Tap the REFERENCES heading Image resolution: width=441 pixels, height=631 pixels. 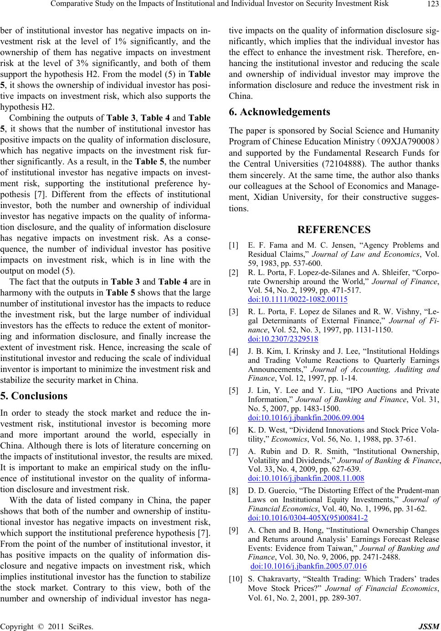[333, 229]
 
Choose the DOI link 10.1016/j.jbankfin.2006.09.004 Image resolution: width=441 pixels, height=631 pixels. [306, 417]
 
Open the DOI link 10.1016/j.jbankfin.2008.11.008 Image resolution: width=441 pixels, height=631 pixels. [306, 478]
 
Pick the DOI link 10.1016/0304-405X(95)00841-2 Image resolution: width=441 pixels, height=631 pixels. [308, 518]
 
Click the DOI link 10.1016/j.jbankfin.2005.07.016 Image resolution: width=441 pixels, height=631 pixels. [308, 566]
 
